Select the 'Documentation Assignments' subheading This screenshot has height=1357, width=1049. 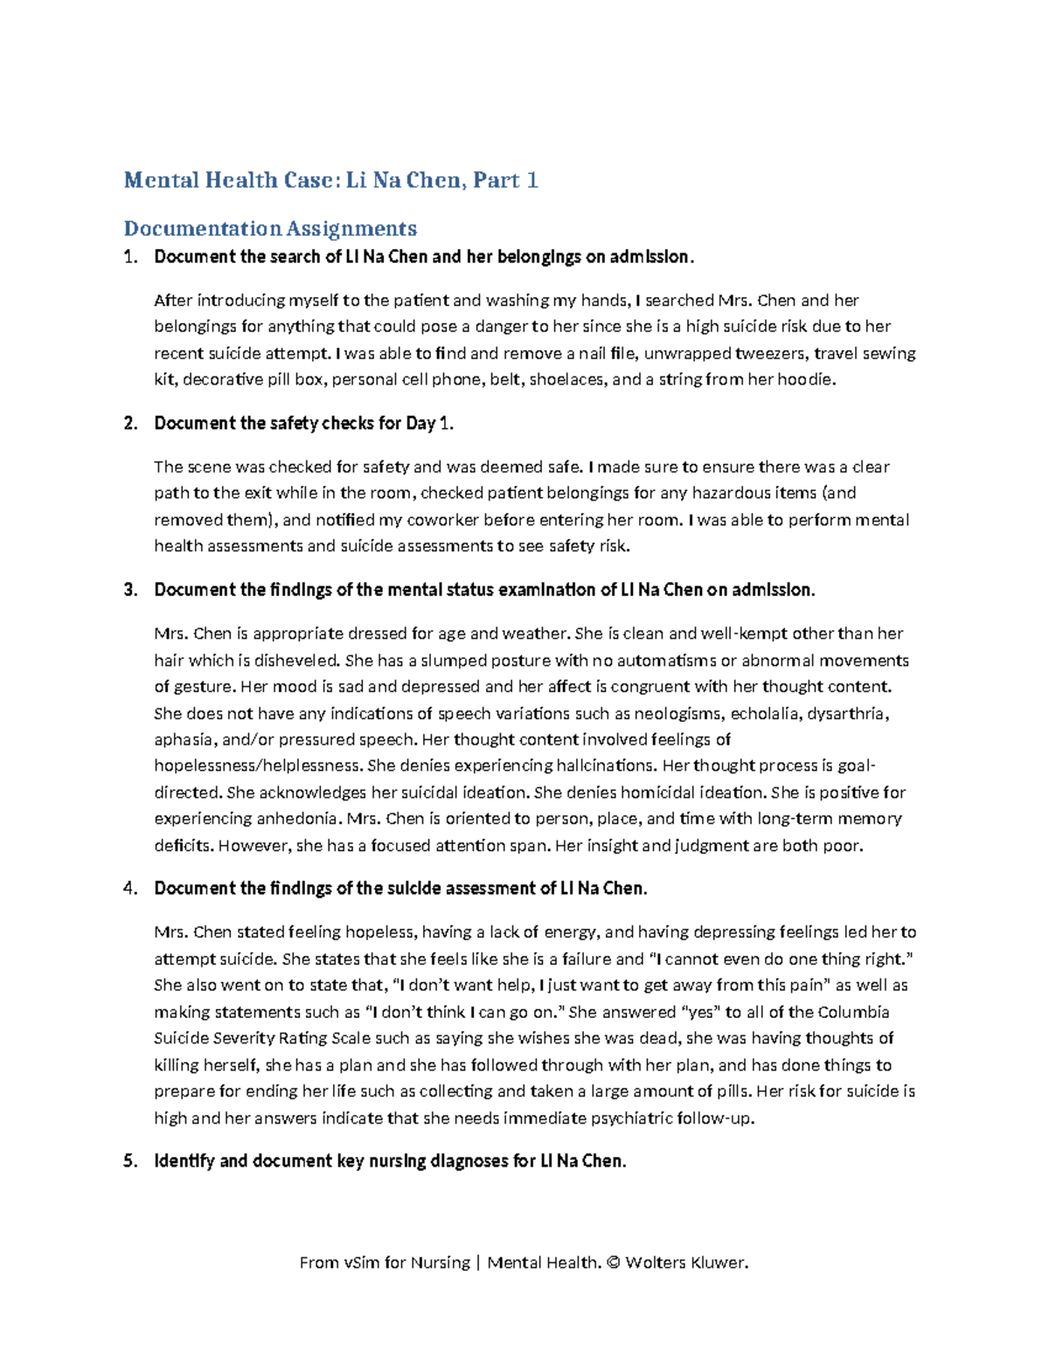(270, 228)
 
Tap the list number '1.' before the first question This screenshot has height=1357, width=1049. (131, 257)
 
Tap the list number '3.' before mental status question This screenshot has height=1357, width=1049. (131, 590)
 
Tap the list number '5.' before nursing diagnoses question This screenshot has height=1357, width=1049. (131, 1161)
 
